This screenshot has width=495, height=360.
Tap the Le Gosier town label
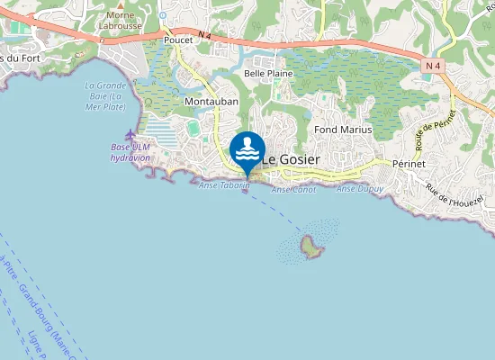pos(291,158)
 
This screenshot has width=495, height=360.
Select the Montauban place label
pos(211,103)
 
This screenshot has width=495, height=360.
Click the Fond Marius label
pos(343,130)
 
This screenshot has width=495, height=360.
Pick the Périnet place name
pos(413,165)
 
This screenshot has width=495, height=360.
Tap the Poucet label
pos(179,40)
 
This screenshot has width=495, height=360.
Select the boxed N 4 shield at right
pos(433,65)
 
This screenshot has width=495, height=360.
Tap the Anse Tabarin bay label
pos(219,184)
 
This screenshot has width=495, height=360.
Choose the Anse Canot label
pos(293,190)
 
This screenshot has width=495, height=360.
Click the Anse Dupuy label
pos(359,189)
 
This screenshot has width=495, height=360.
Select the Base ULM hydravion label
pos(130,152)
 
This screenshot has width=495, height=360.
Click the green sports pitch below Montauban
pos(193,129)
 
